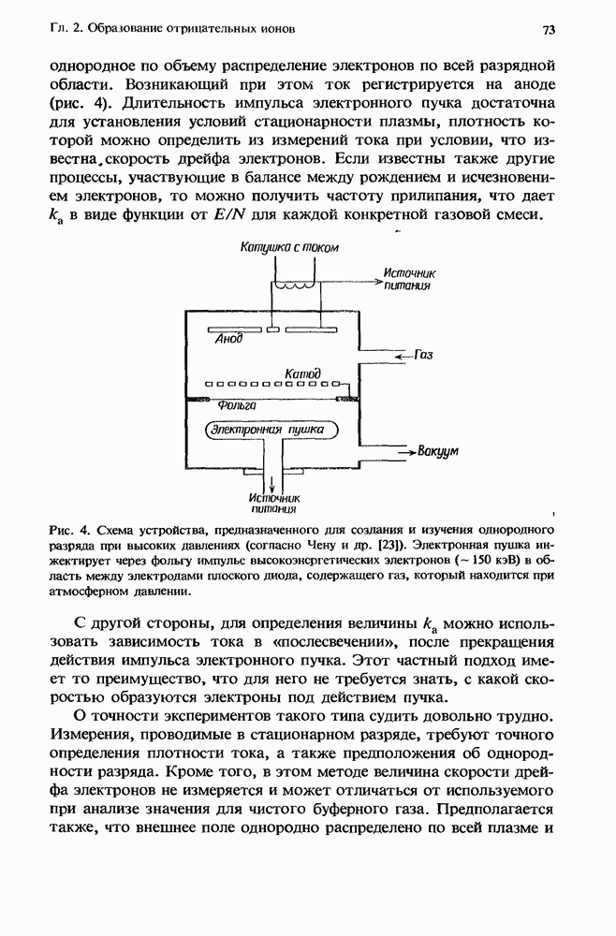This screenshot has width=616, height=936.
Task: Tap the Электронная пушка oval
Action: click(267, 431)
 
